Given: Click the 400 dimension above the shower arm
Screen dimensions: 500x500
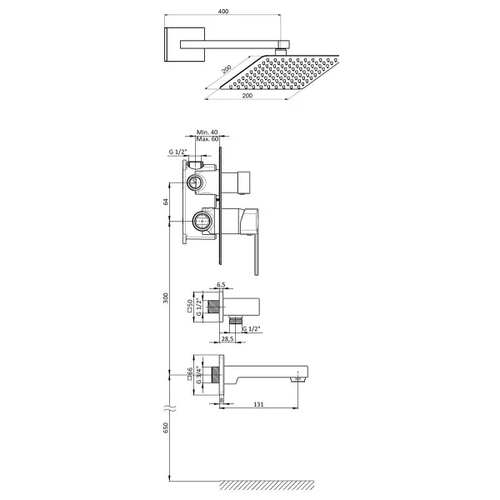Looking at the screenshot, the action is [223, 11].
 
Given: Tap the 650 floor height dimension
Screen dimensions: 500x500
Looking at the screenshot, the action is [166, 427].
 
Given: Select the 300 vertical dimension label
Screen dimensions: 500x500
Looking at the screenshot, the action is [166, 297].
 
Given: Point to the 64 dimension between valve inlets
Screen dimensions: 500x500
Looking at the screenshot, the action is [166, 202].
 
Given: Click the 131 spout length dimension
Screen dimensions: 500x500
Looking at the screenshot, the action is [258, 404].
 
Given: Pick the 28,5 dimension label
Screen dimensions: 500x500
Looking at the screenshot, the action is [227, 338].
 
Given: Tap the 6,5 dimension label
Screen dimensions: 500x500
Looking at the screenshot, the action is [222, 284].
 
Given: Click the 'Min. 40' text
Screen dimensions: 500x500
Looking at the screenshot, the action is [207, 132].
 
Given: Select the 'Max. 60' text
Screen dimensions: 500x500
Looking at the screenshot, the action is [207, 139].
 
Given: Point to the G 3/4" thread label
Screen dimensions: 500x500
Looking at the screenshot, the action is [198, 375].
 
